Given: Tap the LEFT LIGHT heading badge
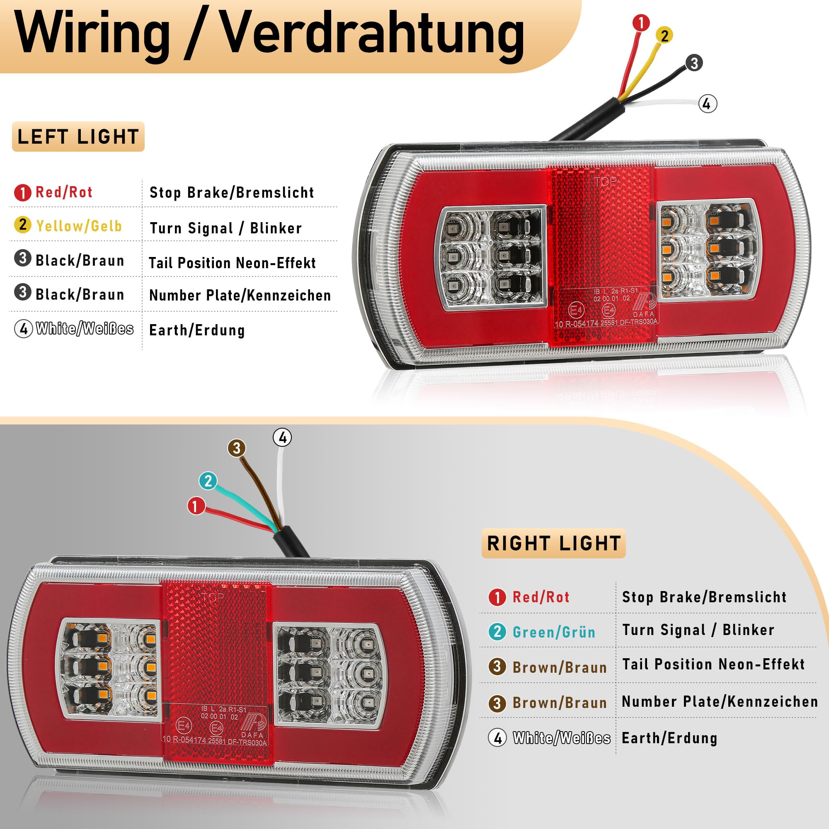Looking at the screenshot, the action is tap(78, 137).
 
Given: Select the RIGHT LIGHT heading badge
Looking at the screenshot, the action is tap(553, 543).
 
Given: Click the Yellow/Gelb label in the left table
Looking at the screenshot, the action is tap(79, 226).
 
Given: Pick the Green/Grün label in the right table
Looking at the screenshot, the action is tap(554, 632).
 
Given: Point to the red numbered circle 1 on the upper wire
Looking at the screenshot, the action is tap(641, 22).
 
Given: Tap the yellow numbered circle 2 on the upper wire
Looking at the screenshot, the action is tap(664, 35).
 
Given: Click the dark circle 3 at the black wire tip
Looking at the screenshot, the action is tap(694, 63).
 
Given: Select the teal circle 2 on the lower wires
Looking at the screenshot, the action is tap(208, 481).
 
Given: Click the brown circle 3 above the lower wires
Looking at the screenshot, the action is tap(236, 448).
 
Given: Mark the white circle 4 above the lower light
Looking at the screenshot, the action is tap(282, 438).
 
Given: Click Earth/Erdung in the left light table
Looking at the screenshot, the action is tap(197, 330).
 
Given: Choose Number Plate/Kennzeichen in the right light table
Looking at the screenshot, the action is tap(720, 702).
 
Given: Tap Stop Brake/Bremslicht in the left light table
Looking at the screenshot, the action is tap(232, 193).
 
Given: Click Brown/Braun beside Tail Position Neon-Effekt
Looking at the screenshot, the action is tap(560, 667).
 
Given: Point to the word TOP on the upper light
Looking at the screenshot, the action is tap(606, 182).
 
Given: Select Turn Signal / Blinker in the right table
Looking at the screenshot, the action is tap(698, 630).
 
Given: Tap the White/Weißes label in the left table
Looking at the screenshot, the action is tap(85, 329).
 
